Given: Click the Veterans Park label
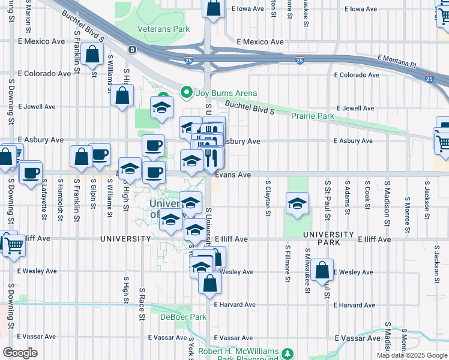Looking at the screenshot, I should pos(163,29).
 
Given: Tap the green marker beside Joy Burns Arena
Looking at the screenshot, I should pos(187,93).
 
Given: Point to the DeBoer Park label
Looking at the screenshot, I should pos(183,317).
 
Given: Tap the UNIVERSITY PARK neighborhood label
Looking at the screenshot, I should pos(328,239).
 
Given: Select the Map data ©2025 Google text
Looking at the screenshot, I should pos(412,355).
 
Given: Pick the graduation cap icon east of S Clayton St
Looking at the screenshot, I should pos(297,205).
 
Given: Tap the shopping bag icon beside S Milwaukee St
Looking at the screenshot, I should pos(322,271).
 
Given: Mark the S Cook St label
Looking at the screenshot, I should pos(367,193).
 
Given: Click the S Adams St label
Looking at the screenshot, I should pos(347,194).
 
